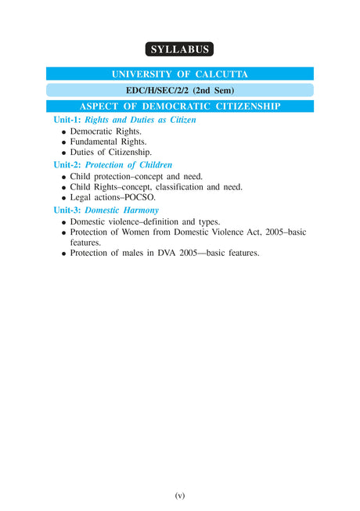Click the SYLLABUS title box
(180, 49)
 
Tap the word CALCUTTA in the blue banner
(224, 74)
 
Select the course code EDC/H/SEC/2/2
(151, 90)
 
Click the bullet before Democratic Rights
(63, 132)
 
